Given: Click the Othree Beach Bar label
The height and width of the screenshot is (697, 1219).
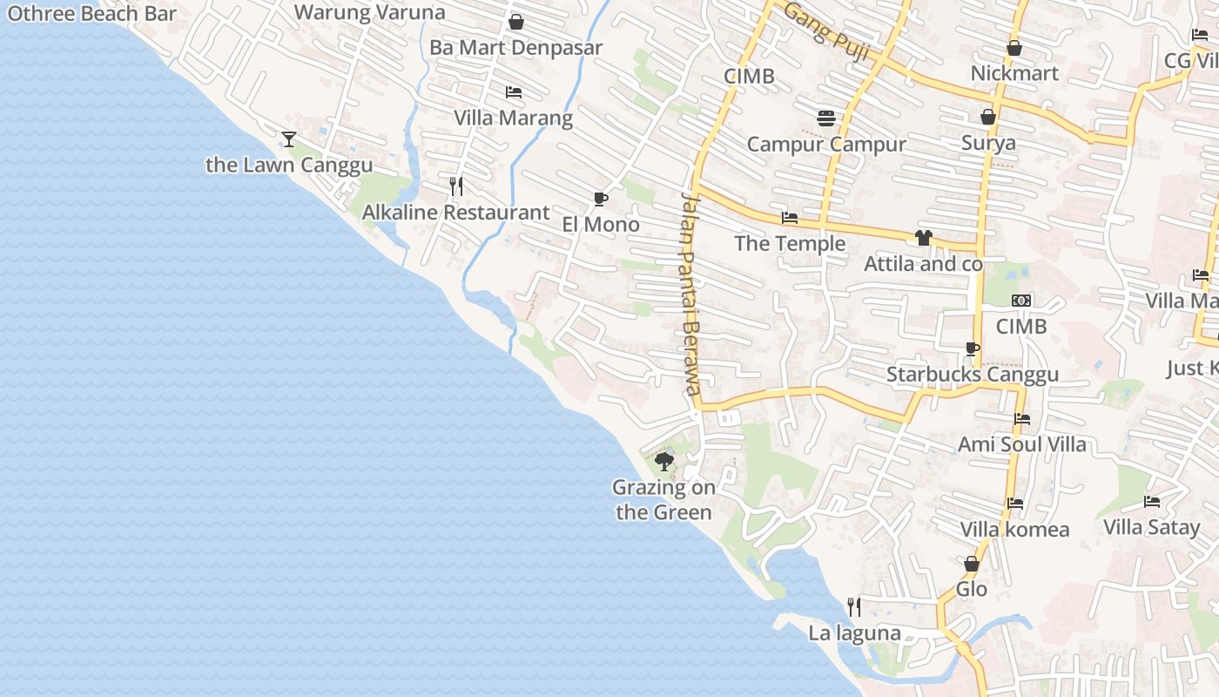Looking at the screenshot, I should pyautogui.click(x=91, y=13).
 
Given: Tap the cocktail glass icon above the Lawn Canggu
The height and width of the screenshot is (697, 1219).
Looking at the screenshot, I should pyautogui.click(x=289, y=139).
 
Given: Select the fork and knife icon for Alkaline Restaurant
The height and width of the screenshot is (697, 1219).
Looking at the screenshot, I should pyautogui.click(x=455, y=186).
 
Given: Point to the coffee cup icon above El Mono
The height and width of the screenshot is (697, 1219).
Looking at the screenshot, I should pyautogui.click(x=600, y=199).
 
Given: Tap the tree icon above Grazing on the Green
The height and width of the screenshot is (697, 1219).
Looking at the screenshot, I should pyautogui.click(x=664, y=462).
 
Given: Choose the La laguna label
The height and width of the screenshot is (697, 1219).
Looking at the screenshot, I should pyautogui.click(x=854, y=633).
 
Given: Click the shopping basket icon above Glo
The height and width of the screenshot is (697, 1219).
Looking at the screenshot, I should pyautogui.click(x=972, y=564).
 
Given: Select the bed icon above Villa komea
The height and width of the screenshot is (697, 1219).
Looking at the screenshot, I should pyautogui.click(x=1014, y=503).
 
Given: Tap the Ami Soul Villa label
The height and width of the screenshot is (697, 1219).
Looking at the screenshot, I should pyautogui.click(x=1022, y=444).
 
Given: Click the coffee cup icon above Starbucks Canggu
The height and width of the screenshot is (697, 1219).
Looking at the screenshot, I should pyautogui.click(x=973, y=348).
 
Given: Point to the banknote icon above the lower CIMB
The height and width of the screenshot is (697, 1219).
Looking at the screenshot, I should pyautogui.click(x=1021, y=301).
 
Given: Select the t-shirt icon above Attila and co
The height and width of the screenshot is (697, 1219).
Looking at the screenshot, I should pyautogui.click(x=924, y=238).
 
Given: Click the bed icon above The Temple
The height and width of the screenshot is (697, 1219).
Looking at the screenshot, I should pyautogui.click(x=790, y=217).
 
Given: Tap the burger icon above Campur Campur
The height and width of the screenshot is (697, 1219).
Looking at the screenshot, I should pyautogui.click(x=826, y=118).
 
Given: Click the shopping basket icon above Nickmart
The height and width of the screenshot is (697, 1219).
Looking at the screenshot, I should pyautogui.click(x=1014, y=48).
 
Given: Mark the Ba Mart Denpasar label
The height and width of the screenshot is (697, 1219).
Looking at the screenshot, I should pyautogui.click(x=515, y=48).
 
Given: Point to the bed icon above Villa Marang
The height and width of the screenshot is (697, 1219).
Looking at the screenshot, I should pyautogui.click(x=514, y=91).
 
